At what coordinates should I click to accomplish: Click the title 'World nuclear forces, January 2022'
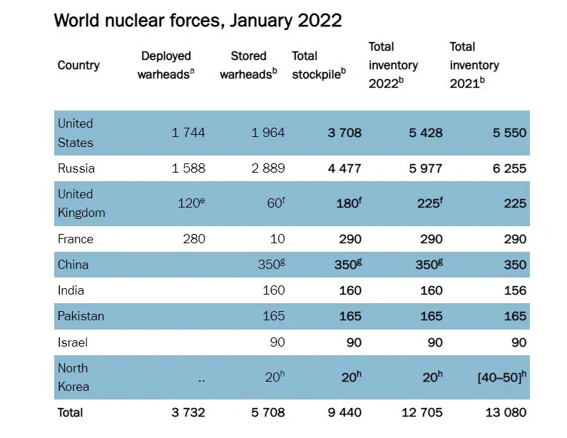198,20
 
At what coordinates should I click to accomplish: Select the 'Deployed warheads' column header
166,65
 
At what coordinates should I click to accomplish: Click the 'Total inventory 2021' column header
474,65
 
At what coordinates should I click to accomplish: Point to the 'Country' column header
78,65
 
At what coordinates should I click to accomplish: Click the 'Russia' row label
76,168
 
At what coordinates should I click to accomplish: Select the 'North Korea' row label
73,377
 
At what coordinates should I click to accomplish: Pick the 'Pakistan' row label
81,316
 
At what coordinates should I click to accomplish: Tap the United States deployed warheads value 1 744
188,133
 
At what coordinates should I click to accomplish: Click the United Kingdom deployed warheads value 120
190,203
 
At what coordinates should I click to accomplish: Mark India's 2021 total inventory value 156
514,290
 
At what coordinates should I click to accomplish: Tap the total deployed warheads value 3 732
188,412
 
